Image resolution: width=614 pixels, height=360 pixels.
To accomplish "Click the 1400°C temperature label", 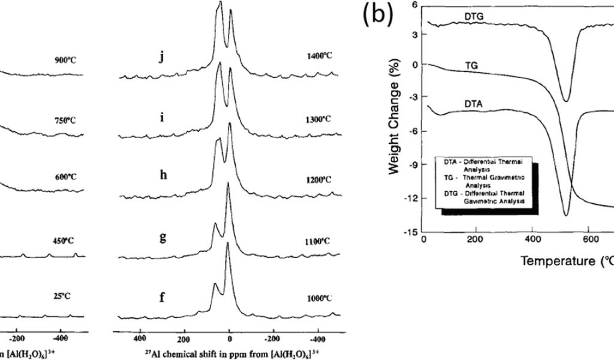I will [x=318, y=55].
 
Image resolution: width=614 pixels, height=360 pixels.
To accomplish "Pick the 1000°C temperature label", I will [x=318, y=298].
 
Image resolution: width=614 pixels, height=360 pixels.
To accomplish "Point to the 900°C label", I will [x=65, y=60].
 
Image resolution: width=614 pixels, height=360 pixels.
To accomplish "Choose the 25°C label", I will [x=64, y=293].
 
